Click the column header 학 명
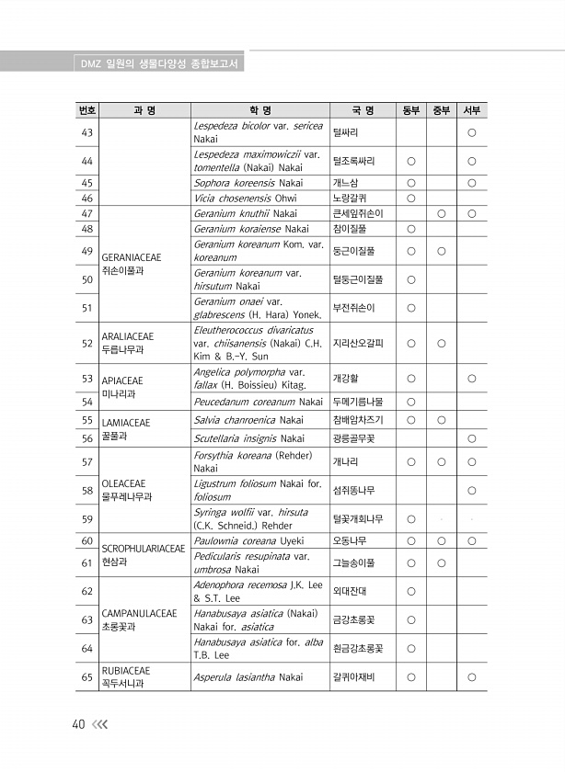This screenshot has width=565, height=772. pos(259,111)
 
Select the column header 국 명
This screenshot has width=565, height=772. pos(362,111)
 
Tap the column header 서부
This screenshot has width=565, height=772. pos(471,111)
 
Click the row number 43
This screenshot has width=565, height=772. pos(87,132)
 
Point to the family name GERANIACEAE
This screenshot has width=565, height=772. pos(129,258)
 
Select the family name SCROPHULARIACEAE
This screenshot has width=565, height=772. pos(143,549)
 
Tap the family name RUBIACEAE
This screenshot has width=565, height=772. pos(125,671)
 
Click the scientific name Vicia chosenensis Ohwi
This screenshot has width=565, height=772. pos(245,198)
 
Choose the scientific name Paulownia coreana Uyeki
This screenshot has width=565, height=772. pos(248,541)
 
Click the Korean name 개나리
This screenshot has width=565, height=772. pos(348,462)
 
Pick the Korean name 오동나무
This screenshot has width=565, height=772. pos(350,541)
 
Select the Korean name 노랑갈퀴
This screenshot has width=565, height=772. pos(350,198)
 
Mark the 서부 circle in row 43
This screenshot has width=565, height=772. pos(471,132)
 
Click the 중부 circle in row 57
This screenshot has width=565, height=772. pos(441,462)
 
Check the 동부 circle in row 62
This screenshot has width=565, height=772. pos(411,591)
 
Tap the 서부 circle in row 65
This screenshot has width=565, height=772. pos(471,678)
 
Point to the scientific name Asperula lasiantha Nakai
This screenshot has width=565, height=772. pos(248,678)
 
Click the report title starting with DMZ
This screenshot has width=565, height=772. pos(161,63)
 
